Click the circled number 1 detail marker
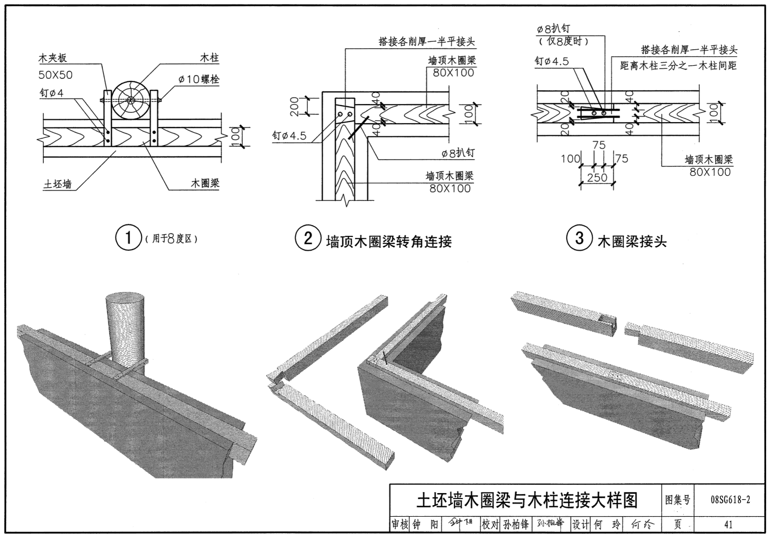point(129,239)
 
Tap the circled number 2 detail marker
point(308,239)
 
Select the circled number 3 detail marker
point(579,239)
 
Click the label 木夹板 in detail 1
point(52,58)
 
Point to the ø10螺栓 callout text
point(199,79)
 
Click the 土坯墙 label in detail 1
point(57,184)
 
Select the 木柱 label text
point(209,57)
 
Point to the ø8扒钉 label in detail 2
point(457,153)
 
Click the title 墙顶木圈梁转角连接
point(389,241)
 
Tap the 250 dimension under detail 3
point(597,177)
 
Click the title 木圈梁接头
point(632,241)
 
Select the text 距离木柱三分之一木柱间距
point(678,66)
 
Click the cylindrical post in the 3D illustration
point(126,328)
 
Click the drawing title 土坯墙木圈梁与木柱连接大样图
point(527,500)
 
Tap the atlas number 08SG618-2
point(730,500)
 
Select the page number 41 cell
point(728,524)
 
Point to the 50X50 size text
point(55,75)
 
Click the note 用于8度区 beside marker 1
point(171,239)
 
